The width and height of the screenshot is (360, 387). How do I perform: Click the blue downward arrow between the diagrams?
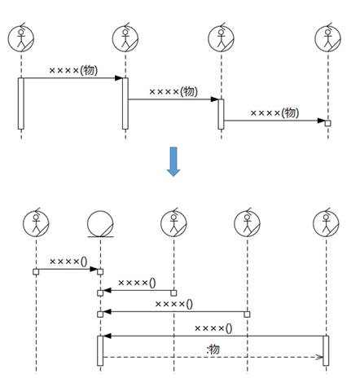pos(173,161)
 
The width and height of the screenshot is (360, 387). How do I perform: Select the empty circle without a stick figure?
pos(100,223)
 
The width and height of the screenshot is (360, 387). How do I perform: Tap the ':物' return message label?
pos(213,350)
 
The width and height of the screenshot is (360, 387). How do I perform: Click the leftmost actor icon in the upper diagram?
pos(21,38)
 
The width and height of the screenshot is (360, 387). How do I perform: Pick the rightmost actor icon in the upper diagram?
pos(328,38)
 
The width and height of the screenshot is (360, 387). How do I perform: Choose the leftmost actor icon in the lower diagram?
pos(36,223)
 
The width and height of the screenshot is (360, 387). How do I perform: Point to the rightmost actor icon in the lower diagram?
pos(326,223)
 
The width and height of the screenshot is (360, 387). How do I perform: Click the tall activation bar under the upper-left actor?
pos(21,103)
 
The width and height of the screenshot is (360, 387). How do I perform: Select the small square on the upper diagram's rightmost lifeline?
pos(328,123)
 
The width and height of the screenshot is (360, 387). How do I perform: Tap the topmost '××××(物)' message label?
pos(73,70)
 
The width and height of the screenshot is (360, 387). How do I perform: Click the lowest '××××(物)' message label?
pos(274,112)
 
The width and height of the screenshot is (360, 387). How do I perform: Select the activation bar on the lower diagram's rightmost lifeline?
pos(326,350)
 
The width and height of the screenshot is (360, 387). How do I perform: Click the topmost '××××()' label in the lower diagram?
pos(68,262)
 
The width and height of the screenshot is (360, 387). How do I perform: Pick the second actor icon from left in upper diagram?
pos(125,38)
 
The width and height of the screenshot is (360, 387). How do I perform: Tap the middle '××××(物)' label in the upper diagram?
pos(173,91)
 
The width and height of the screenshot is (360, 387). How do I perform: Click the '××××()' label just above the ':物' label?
pos(213,328)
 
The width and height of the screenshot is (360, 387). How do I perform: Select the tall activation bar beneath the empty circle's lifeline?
pos(100,350)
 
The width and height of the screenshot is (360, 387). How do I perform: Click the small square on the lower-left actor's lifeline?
pos(36,271)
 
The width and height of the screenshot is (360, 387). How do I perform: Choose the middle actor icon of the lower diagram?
pos(173,223)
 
